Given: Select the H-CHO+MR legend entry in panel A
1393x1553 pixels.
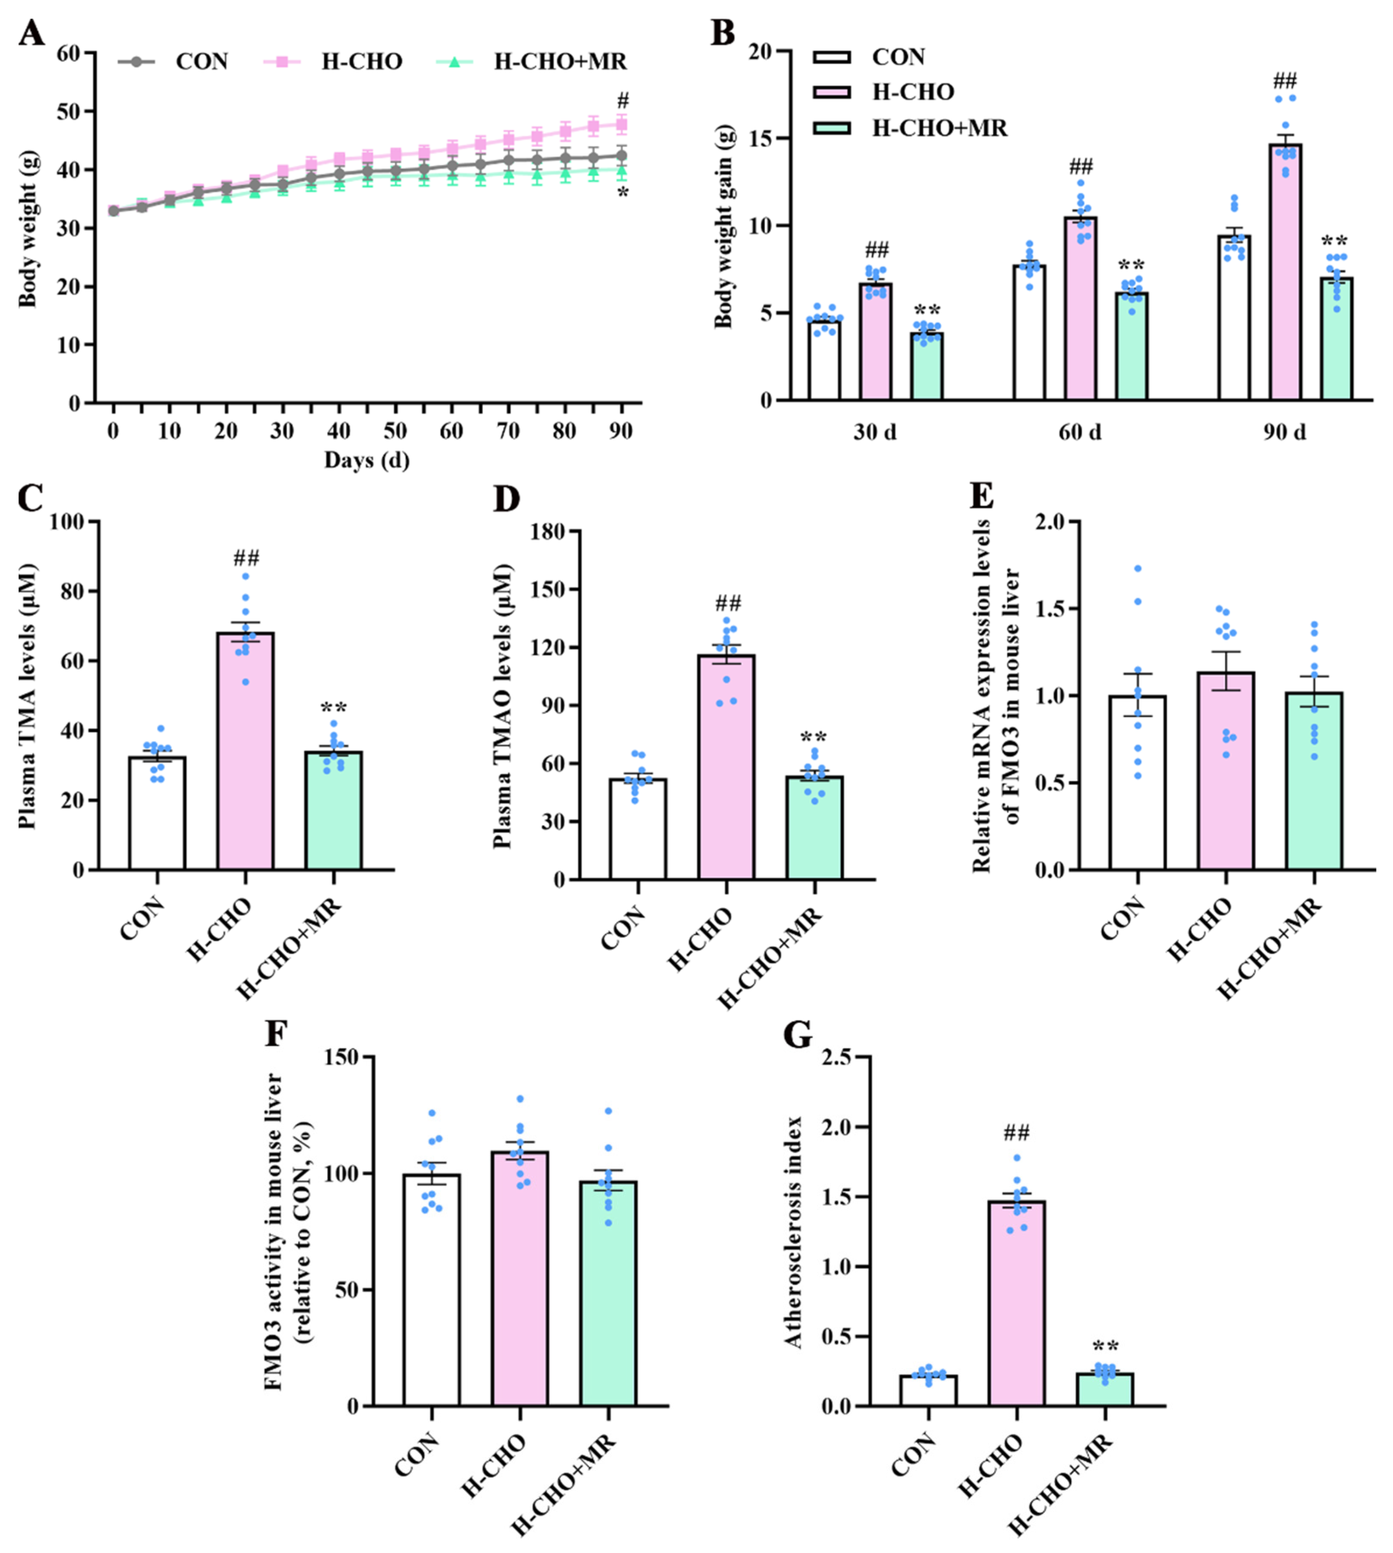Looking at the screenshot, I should coord(559,61).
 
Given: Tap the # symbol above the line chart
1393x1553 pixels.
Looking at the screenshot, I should coord(623,101).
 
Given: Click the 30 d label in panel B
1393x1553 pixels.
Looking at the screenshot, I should coord(875,432).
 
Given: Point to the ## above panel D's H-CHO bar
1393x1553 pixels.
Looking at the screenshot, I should coord(728,603).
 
